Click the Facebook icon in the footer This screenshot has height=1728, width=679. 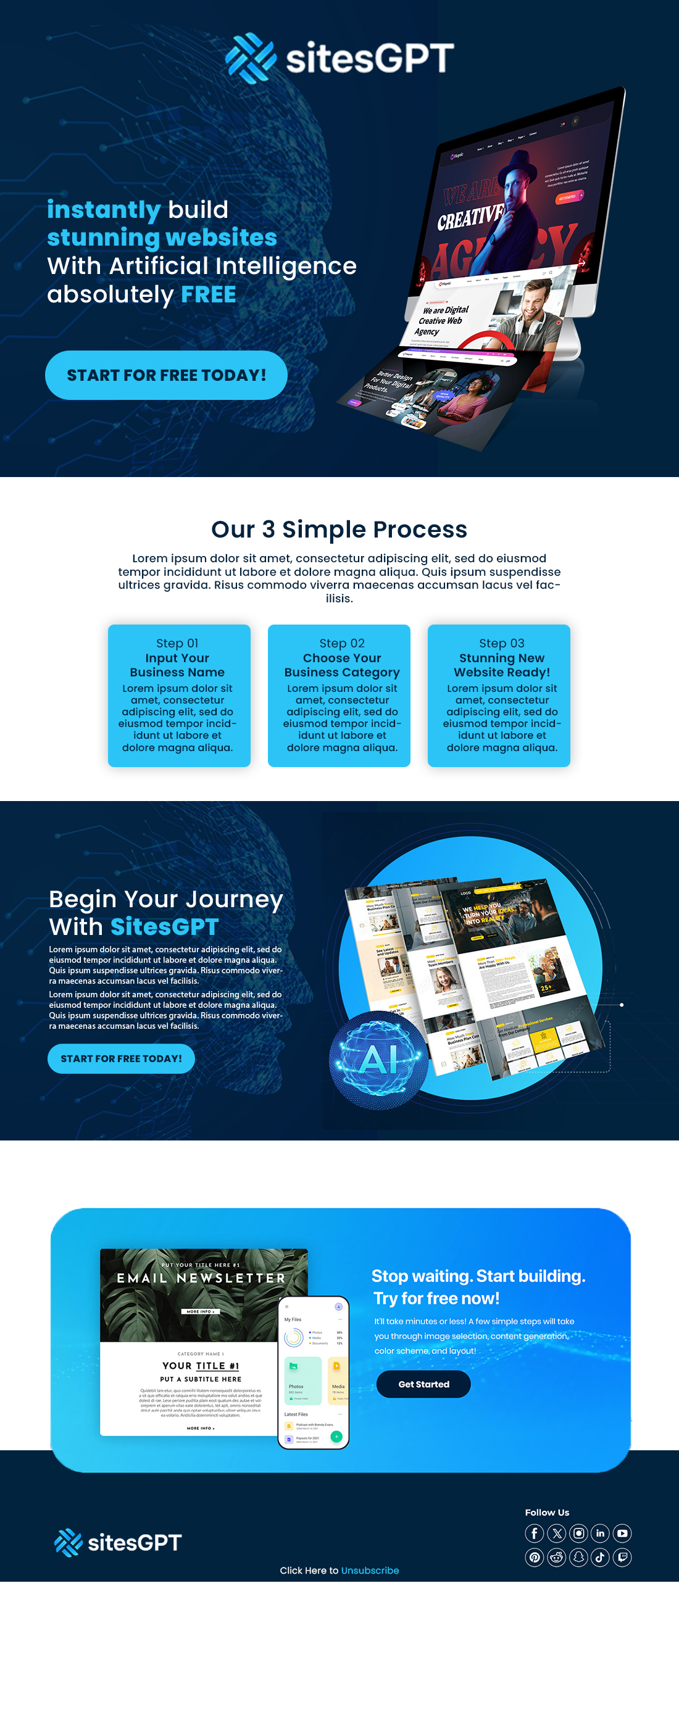click(x=534, y=1533)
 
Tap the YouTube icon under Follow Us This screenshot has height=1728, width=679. click(x=622, y=1533)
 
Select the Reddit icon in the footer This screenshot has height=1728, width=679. click(x=556, y=1557)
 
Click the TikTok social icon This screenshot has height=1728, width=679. click(x=600, y=1557)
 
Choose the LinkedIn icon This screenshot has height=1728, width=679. click(x=600, y=1533)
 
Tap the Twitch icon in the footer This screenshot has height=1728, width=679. click(x=622, y=1557)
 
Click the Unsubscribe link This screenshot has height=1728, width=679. click(x=370, y=1571)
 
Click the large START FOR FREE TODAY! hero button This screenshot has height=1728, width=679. click(x=167, y=375)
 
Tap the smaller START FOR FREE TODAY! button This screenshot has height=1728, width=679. click(x=122, y=1058)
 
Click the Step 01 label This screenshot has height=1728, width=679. click(x=177, y=643)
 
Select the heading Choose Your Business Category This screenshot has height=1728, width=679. click(x=341, y=665)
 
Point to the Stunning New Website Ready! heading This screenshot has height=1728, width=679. click(x=501, y=665)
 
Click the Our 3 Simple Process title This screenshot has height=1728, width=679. click(x=339, y=530)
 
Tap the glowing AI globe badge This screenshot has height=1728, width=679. click(x=379, y=1060)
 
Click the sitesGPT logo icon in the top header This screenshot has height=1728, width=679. click(x=250, y=57)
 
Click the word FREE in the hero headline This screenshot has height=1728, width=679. click(x=209, y=294)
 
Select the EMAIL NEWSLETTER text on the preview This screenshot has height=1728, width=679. click(x=201, y=1278)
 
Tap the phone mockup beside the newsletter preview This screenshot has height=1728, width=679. click(x=314, y=1372)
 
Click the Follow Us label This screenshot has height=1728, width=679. click(x=547, y=1512)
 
